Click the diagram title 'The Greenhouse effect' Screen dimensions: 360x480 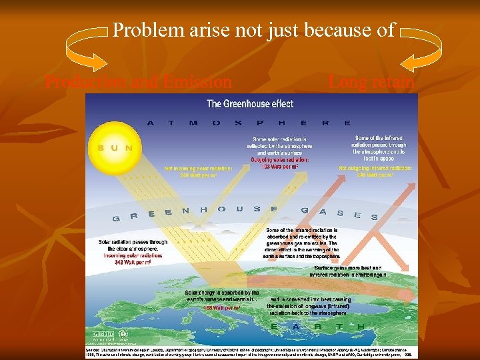coord(249,103)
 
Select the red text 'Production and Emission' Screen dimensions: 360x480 coord(138,83)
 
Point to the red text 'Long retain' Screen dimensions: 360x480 coord(371,83)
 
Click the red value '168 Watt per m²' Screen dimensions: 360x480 coord(222,308)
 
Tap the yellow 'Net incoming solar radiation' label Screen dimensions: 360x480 coord(193,172)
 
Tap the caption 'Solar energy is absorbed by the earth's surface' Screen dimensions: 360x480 coord(222,296)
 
